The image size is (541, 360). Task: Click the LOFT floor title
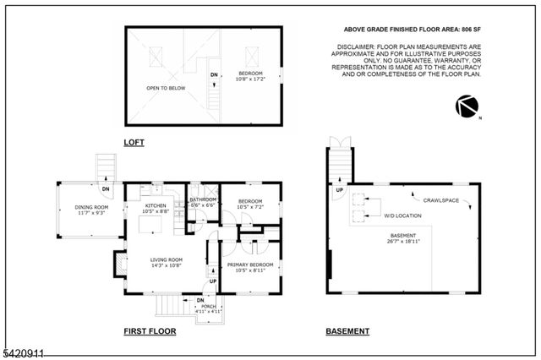pyautogui.click(x=134, y=142)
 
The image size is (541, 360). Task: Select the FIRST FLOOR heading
pyautogui.click(x=150, y=331)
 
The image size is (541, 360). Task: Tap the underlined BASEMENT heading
pyautogui.click(x=347, y=331)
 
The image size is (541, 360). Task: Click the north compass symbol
pyautogui.click(x=467, y=107)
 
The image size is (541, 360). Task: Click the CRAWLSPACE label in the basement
pyautogui.click(x=440, y=200)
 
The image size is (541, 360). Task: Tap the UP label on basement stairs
pyautogui.click(x=340, y=190)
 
